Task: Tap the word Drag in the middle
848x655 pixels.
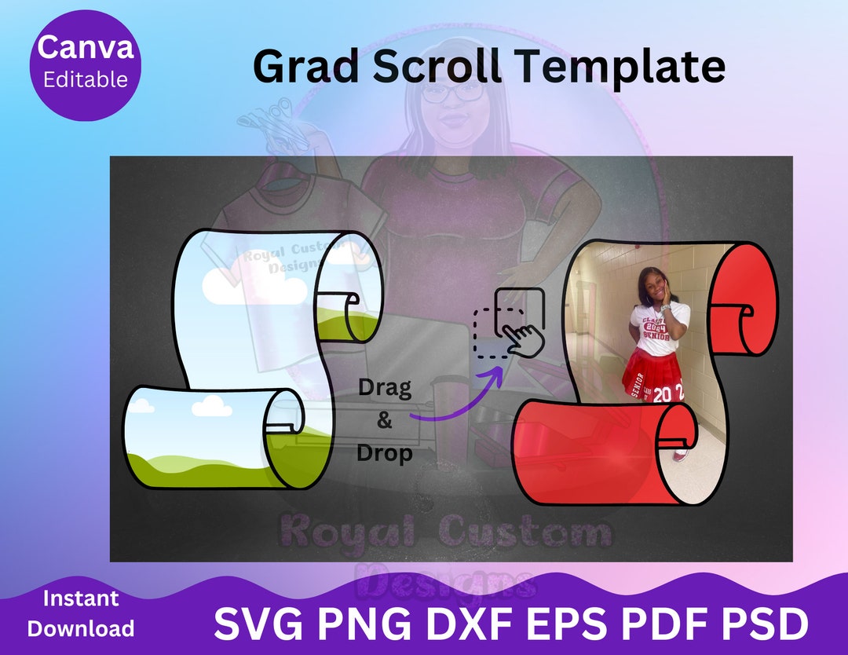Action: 384,387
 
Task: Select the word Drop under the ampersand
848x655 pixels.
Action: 384,453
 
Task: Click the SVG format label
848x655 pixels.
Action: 257,624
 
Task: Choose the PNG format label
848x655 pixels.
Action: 364,624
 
